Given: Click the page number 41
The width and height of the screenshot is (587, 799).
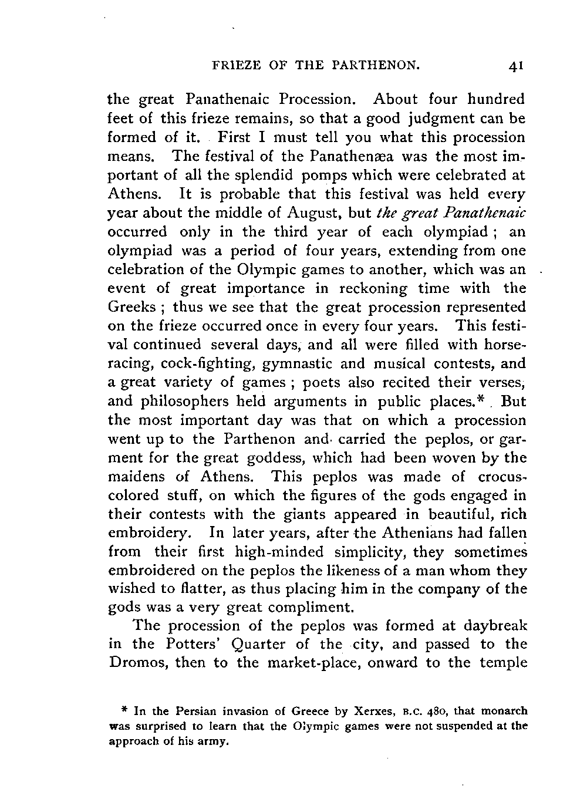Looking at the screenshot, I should pyautogui.click(x=516, y=66).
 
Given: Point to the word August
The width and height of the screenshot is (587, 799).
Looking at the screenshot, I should pyautogui.click(x=311, y=213).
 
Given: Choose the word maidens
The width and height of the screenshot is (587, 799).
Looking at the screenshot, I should pyautogui.click(x=135, y=477).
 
